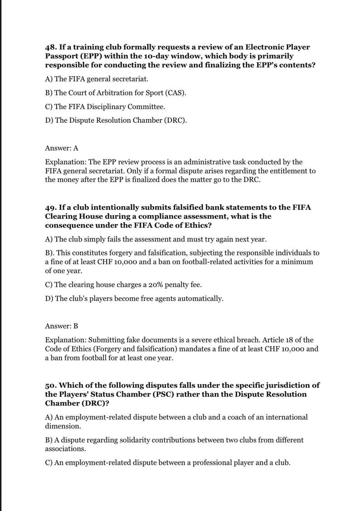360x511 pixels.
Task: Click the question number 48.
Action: pos(51,47)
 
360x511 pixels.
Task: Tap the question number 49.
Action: pos(51,207)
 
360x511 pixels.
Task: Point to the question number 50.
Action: pos(51,385)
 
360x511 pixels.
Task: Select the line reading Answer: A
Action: pos(62,148)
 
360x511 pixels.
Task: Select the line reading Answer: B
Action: pos(62,326)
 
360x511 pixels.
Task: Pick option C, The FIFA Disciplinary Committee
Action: pos(105,107)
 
